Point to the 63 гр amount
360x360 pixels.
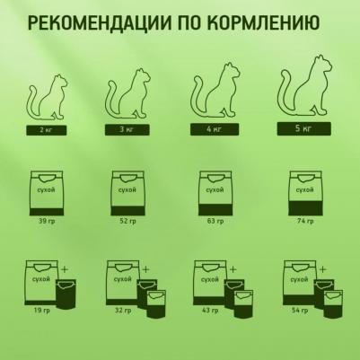tap(215, 221)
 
